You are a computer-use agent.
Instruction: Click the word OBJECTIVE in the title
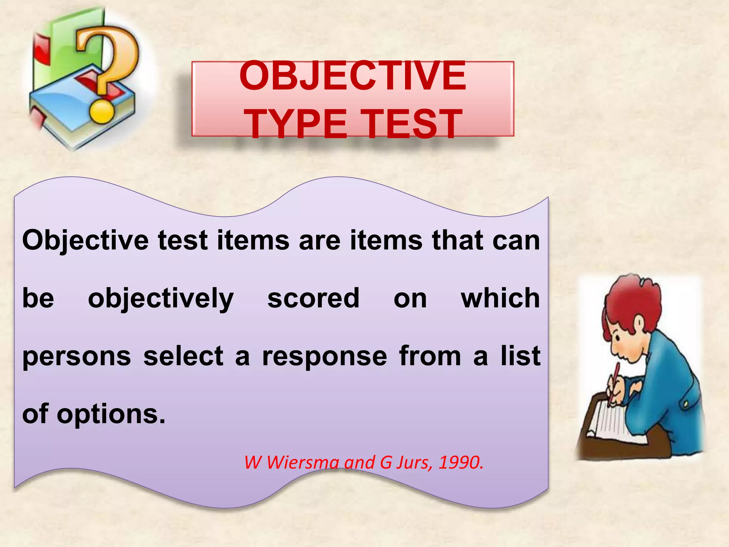(x=352, y=76)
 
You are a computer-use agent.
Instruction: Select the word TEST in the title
(x=413, y=124)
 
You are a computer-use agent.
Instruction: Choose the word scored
(x=313, y=298)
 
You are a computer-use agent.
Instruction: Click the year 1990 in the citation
(x=461, y=463)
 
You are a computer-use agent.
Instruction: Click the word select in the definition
(x=183, y=356)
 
